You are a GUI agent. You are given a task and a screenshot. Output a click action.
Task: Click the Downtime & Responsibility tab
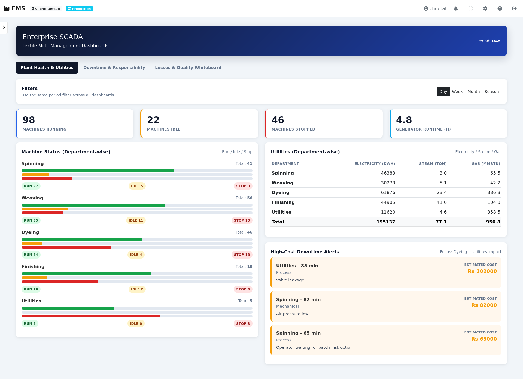(x=114, y=68)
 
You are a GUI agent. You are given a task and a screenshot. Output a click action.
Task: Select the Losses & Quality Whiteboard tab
(x=188, y=68)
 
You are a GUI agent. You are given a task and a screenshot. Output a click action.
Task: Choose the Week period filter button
(x=457, y=92)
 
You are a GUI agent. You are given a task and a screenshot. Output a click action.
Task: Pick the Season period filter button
(x=491, y=92)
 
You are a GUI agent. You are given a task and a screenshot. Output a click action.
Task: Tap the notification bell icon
(x=456, y=8)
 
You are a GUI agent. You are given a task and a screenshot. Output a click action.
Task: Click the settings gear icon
(x=485, y=8)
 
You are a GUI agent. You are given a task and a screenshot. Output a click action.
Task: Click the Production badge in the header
(x=79, y=9)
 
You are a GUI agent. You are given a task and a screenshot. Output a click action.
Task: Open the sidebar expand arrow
(x=4, y=28)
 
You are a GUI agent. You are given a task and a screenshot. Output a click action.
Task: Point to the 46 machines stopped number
(x=278, y=120)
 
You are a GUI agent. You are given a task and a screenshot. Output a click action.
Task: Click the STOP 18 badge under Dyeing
(x=242, y=255)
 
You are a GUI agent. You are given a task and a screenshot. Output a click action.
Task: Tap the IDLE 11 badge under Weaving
(x=136, y=220)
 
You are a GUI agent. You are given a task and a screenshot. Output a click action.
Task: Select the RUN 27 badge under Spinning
(x=31, y=186)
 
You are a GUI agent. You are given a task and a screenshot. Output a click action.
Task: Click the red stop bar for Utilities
(x=91, y=316)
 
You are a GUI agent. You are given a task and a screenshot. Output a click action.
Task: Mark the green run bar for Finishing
(x=86, y=274)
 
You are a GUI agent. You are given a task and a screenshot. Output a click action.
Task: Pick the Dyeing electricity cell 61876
(x=388, y=192)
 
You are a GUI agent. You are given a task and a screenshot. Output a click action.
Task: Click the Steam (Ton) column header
(x=433, y=164)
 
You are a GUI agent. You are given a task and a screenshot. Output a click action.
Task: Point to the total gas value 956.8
(x=493, y=222)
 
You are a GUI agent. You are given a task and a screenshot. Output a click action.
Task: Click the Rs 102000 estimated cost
(x=482, y=271)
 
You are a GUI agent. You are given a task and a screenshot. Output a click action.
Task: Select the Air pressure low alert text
(x=292, y=314)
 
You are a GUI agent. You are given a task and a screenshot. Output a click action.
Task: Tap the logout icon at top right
(x=514, y=8)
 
